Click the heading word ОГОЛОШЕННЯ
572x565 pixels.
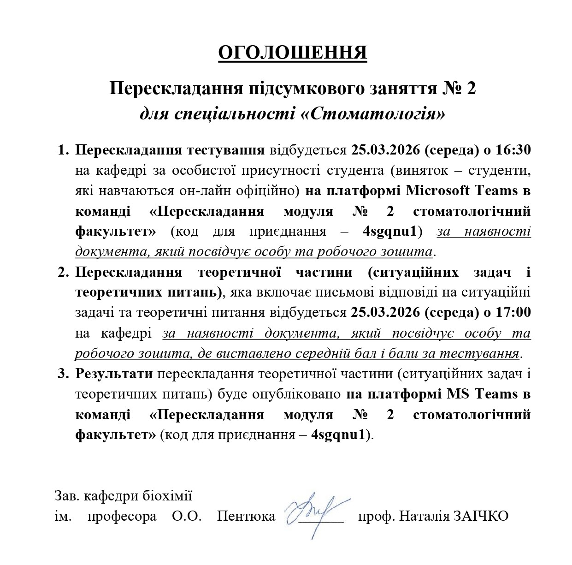(292, 53)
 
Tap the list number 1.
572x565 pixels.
(63, 150)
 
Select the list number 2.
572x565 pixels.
(63, 272)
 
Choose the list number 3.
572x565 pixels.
(63, 374)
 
